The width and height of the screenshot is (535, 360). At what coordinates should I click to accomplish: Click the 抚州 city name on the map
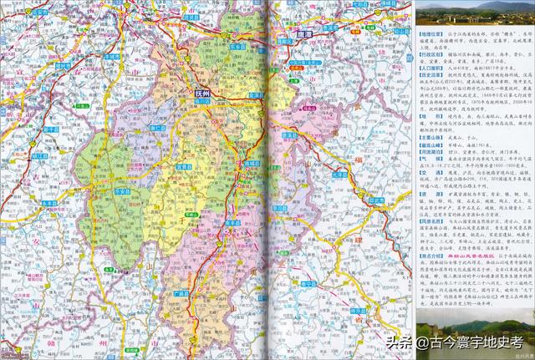(203, 94)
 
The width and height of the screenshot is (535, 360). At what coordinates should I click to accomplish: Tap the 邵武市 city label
(377, 200)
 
